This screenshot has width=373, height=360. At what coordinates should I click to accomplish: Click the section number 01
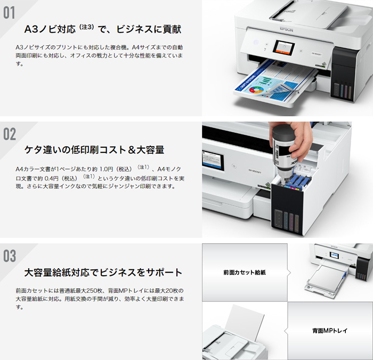coord(10,13)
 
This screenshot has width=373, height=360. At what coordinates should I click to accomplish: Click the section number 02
coord(10,134)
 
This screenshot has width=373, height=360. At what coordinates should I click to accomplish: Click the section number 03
coord(10,255)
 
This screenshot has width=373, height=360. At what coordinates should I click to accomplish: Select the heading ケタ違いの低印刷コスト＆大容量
coord(94,149)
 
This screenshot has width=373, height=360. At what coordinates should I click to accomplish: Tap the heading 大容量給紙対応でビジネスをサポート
coord(103,273)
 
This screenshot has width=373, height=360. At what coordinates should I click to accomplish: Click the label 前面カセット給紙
coord(245,273)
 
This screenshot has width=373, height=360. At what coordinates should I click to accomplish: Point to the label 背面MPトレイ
coord(330,331)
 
